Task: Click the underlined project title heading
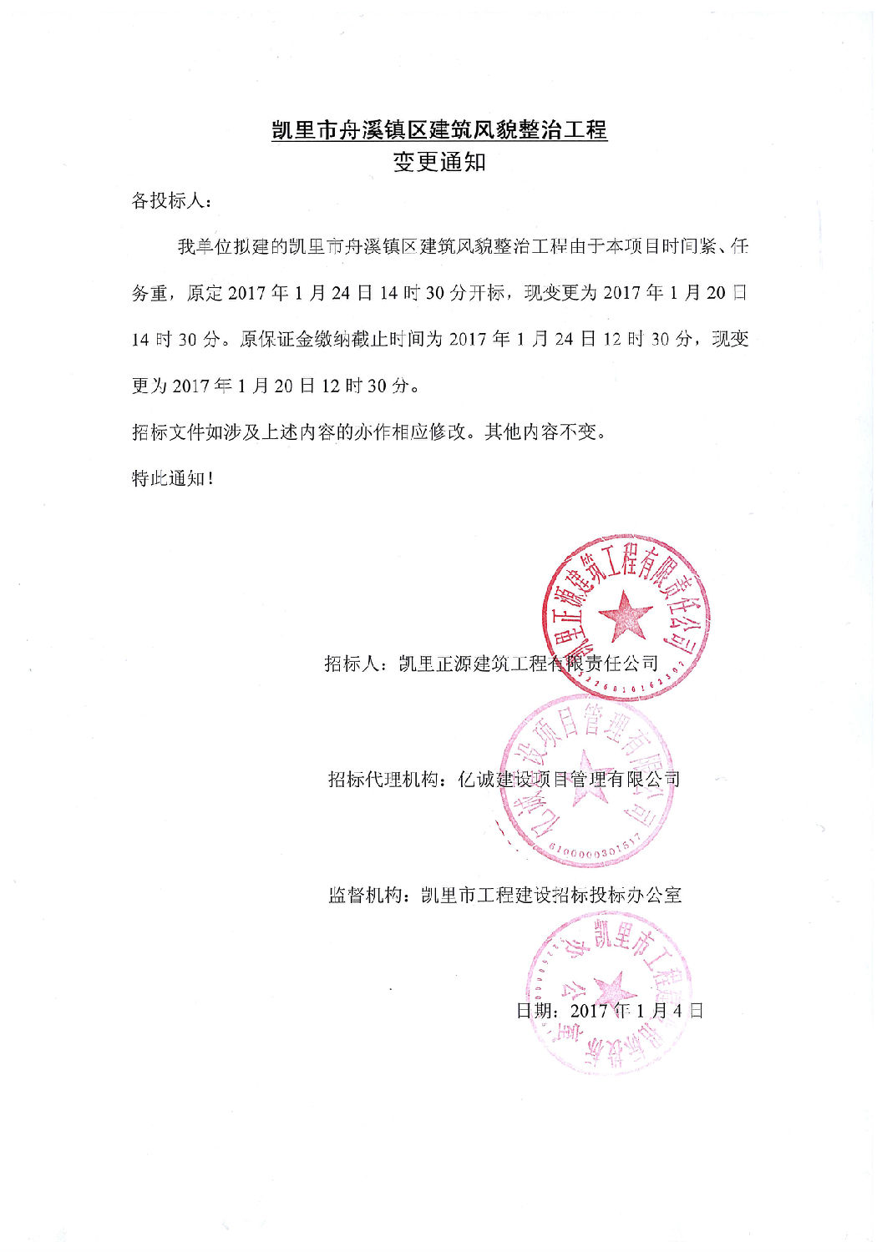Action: pyautogui.click(x=439, y=130)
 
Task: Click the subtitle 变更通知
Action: pyautogui.click(x=439, y=162)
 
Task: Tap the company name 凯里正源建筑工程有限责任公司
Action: pyautogui.click(x=529, y=664)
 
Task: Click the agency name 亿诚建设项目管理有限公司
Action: pyautogui.click(x=570, y=780)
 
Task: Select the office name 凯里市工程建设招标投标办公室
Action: pyautogui.click(x=551, y=896)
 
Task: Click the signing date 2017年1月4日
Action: pyautogui.click(x=636, y=1011)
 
